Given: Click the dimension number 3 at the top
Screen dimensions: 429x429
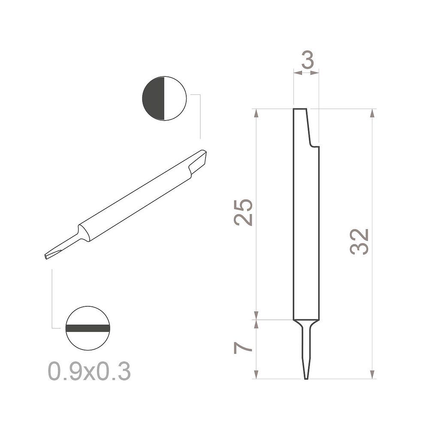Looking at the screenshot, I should pos(307,61).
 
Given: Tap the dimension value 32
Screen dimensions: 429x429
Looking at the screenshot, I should pos(360,242).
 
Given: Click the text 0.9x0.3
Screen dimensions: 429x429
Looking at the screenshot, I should pos(89,371).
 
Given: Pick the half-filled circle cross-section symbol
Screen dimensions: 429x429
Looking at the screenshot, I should pos(164,99).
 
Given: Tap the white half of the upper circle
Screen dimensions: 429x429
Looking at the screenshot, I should pos(175,99).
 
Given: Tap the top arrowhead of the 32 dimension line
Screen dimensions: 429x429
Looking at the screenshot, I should pos(372,113).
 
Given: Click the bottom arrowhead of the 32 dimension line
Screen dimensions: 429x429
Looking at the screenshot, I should pos(372,374).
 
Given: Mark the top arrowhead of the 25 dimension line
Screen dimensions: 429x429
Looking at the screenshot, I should pos(256,113).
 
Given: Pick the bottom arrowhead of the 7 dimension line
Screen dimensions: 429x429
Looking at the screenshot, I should pos(256,374).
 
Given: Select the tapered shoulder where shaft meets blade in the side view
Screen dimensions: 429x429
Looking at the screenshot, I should pos(306,323).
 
